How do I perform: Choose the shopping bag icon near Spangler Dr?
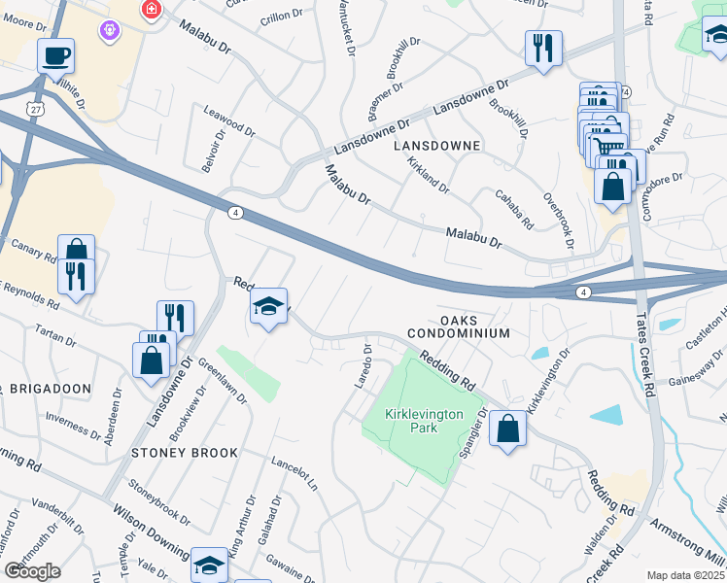[x=507, y=428]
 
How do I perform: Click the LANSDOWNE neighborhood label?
[x=436, y=145]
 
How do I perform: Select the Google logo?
[x=32, y=570]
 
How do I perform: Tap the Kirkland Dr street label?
[x=428, y=174]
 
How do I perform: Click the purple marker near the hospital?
[x=109, y=31]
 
